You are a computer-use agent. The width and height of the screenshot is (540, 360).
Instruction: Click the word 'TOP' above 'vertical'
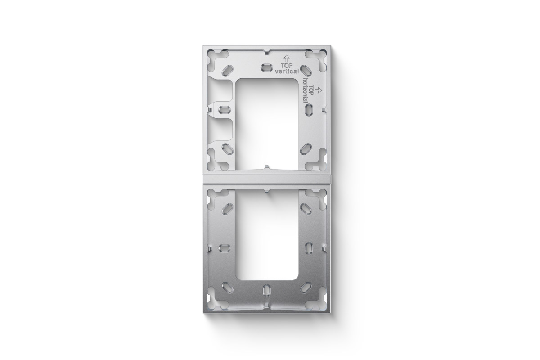tap(287, 65)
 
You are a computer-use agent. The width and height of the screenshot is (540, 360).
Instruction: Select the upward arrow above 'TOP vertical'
tap(286, 58)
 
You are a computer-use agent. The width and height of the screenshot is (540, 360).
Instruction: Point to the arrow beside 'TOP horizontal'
tap(319, 90)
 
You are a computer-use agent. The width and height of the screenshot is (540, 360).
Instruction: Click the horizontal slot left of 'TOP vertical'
tap(267, 67)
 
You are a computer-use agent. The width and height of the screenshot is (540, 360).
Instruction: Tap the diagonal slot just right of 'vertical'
tap(306, 70)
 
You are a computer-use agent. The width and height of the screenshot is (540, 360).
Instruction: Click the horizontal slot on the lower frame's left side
tap(224, 247)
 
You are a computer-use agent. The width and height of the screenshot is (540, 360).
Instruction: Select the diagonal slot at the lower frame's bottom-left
tap(228, 286)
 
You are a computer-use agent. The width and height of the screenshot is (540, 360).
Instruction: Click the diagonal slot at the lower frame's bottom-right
tap(307, 286)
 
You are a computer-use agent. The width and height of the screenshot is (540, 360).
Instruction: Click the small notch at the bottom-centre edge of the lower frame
tap(267, 306)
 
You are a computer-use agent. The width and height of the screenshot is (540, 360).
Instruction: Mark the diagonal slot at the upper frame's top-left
tap(227, 70)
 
